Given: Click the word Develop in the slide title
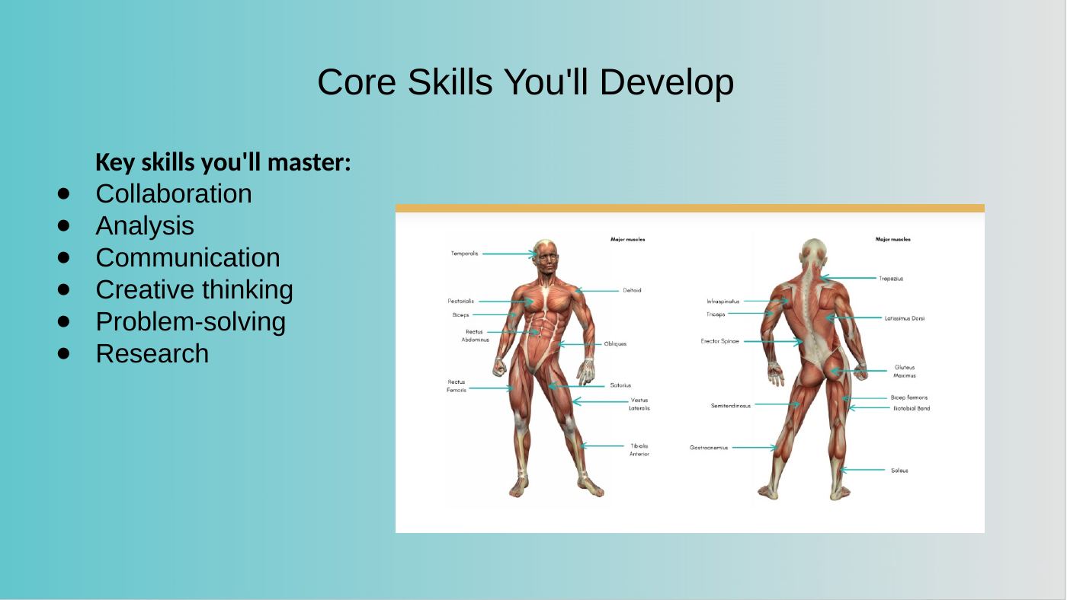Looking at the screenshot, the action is click(x=666, y=83).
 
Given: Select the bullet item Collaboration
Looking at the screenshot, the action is click(x=174, y=193).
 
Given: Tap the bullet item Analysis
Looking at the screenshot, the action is click(x=145, y=226).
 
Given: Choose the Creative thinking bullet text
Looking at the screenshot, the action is click(x=194, y=290).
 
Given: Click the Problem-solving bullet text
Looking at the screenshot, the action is click(x=191, y=321).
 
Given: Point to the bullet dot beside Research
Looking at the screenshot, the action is click(x=63, y=353).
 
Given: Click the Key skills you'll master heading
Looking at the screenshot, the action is click(x=223, y=162).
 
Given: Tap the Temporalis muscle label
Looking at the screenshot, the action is click(x=464, y=254).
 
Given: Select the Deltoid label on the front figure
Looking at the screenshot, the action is click(x=632, y=290).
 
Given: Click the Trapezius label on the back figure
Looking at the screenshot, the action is click(x=891, y=279).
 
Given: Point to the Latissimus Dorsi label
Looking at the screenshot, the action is click(x=905, y=318).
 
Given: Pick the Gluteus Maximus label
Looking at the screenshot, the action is click(x=905, y=371).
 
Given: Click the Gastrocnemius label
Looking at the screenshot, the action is click(x=709, y=448).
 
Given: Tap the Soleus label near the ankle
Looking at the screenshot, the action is click(x=899, y=471).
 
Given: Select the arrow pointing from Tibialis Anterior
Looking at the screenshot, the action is click(x=603, y=446).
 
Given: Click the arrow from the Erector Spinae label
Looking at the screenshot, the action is click(x=773, y=341).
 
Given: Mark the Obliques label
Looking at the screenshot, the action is click(x=615, y=344).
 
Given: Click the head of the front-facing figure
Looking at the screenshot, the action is click(x=546, y=256).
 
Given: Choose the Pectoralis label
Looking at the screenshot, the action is click(x=460, y=302).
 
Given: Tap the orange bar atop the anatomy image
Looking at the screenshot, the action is click(x=690, y=208).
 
